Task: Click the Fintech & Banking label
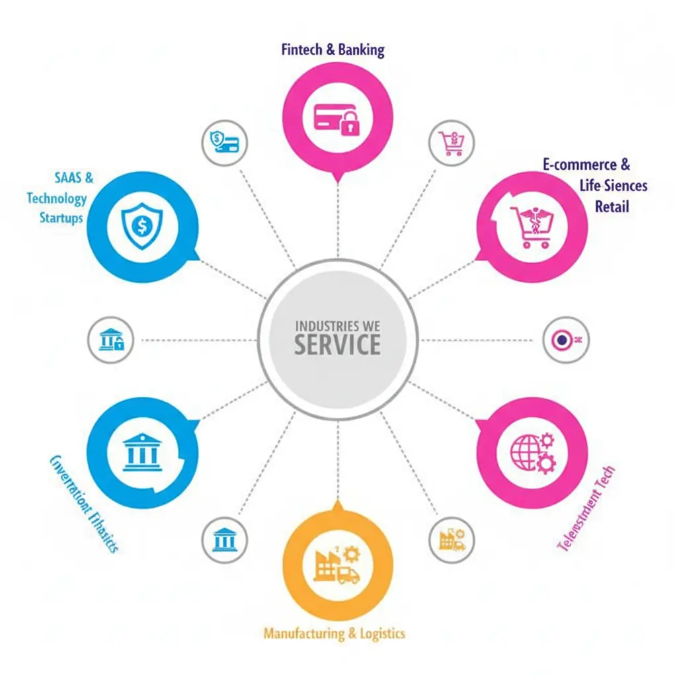pyautogui.click(x=333, y=50)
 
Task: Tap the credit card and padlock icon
pyautogui.click(x=337, y=118)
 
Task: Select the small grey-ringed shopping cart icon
pyautogui.click(x=452, y=142)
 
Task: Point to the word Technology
pyautogui.click(x=58, y=198)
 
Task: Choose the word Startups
pyautogui.click(x=61, y=217)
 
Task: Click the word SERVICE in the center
pyautogui.click(x=337, y=344)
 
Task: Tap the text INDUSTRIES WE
pyautogui.click(x=337, y=326)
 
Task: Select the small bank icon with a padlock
pyautogui.click(x=110, y=340)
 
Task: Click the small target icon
pyautogui.click(x=564, y=340)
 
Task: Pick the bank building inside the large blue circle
pyautogui.click(x=142, y=452)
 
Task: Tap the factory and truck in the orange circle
pyautogui.click(x=337, y=565)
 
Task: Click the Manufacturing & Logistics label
pyautogui.click(x=334, y=633)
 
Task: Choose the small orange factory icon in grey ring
pyautogui.click(x=452, y=538)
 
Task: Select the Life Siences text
pyautogui.click(x=614, y=186)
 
